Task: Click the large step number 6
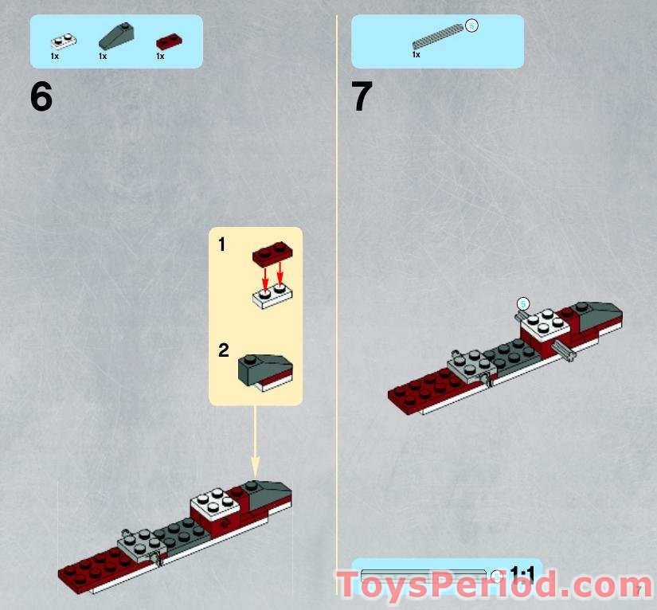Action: (x=41, y=97)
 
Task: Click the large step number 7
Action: (x=362, y=97)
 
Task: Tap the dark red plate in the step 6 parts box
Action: (x=170, y=41)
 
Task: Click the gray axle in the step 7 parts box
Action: (x=437, y=36)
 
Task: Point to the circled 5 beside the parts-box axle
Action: (x=471, y=26)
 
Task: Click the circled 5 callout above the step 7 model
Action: (x=523, y=303)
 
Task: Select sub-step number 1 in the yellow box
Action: (x=222, y=244)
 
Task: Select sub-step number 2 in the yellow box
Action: (x=223, y=350)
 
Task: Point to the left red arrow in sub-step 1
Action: (x=266, y=280)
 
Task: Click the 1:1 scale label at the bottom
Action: (x=522, y=573)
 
